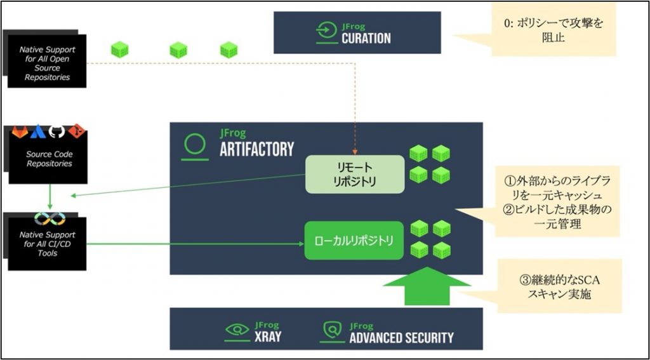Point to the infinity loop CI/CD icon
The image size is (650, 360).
[x=46, y=218]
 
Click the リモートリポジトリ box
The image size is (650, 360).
[x=355, y=174]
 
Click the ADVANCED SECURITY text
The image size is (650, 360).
[x=401, y=337]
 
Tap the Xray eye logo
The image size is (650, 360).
[x=238, y=330]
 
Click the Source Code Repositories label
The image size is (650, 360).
[x=49, y=159]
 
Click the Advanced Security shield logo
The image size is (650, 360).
[x=333, y=330]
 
